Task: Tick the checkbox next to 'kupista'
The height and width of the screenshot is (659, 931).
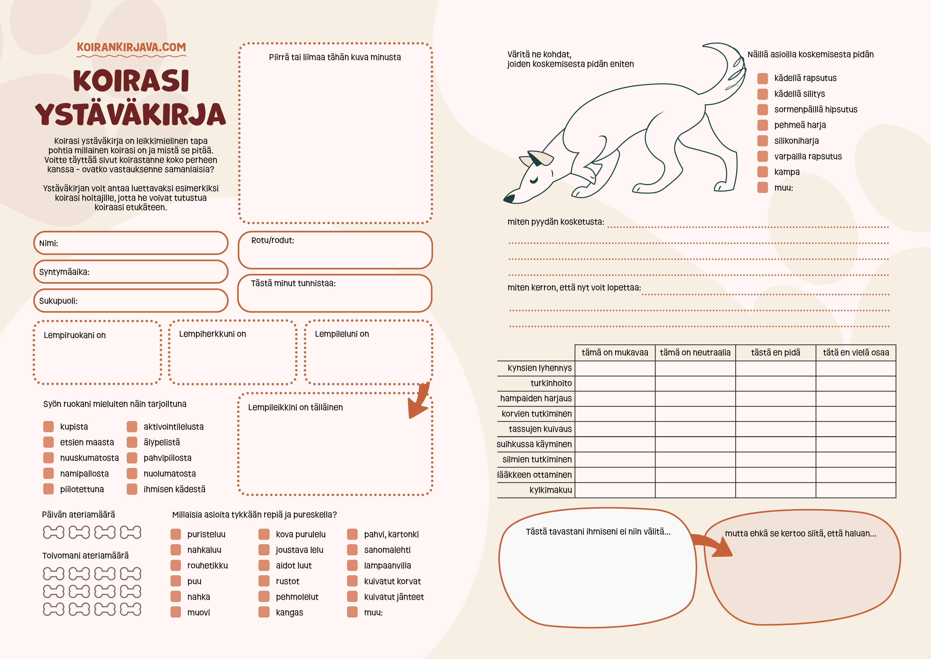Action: (49, 426)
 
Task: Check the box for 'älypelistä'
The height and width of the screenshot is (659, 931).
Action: (132, 442)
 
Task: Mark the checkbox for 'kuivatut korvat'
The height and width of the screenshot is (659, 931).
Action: (352, 581)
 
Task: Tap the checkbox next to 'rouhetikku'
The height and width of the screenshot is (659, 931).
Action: (176, 565)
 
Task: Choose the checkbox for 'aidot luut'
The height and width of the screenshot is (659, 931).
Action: (264, 565)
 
